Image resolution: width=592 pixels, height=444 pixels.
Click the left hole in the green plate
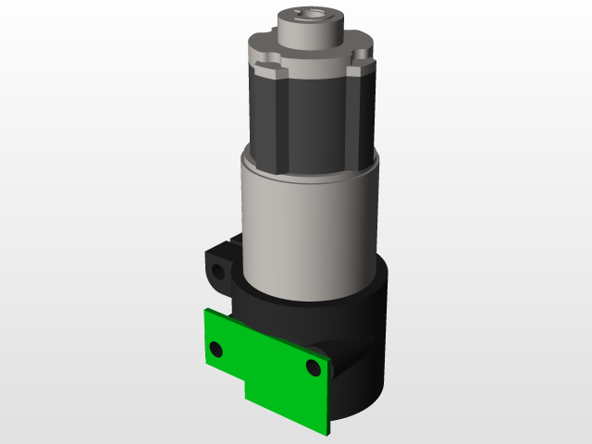(216, 349)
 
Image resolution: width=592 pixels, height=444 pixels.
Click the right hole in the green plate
(313, 368)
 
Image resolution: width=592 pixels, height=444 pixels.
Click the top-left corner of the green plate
(206, 312)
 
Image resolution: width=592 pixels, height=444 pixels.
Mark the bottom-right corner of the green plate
(326, 432)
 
